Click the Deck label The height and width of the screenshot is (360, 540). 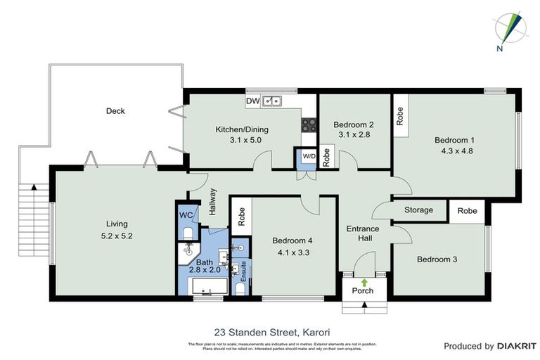coord(115,110)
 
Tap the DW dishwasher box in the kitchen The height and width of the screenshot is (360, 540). coord(253,101)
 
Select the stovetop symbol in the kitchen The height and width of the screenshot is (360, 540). coord(309,125)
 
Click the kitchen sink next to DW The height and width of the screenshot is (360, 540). coord(272,101)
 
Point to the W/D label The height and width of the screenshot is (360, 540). coord(309,155)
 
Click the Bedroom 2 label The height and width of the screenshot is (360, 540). coord(353,124)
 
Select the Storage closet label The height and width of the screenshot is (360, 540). coord(418,210)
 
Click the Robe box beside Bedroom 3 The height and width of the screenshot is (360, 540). coord(467,211)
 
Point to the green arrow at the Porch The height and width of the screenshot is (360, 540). coord(364,282)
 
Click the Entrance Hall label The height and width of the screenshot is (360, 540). coord(363,233)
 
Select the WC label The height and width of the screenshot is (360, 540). coord(186,215)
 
